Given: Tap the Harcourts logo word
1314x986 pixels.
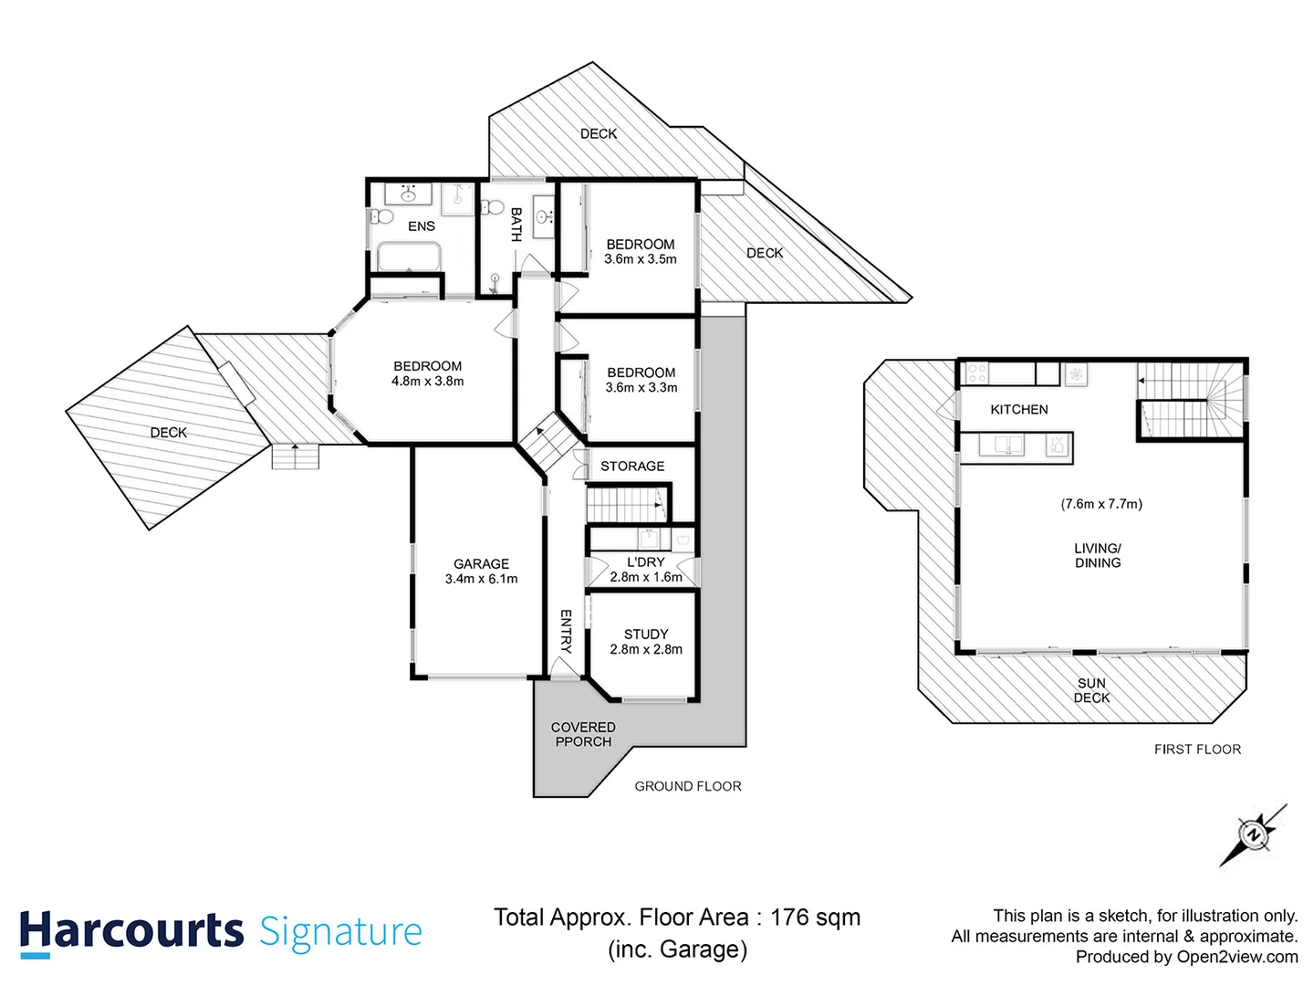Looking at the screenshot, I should point(131,931).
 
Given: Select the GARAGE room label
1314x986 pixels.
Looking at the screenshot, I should point(481,564).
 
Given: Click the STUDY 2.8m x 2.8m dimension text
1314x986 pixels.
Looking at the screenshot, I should point(646,649).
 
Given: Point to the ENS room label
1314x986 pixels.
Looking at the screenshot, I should point(422,226).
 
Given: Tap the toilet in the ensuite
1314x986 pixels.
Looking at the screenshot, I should point(381,217).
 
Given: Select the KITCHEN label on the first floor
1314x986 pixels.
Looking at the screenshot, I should point(1018,410).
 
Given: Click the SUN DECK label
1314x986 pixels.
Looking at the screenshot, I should point(1091,690).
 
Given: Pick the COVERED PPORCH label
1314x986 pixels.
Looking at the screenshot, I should point(583,734).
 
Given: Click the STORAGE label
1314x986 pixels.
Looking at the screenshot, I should point(632,467).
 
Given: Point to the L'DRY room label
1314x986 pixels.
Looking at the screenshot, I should point(646,562).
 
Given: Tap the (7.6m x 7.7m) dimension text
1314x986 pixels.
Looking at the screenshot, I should point(1101,504).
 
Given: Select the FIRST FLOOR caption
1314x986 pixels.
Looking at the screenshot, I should point(1197,750).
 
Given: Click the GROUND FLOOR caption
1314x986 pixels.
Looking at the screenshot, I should point(688,786).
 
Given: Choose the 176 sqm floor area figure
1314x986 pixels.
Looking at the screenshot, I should point(815,918).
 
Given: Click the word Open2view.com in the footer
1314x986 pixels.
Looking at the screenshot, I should point(1237,957).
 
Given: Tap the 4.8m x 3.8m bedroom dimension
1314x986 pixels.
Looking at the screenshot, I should point(427,382).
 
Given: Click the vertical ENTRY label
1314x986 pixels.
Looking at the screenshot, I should point(566,631).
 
